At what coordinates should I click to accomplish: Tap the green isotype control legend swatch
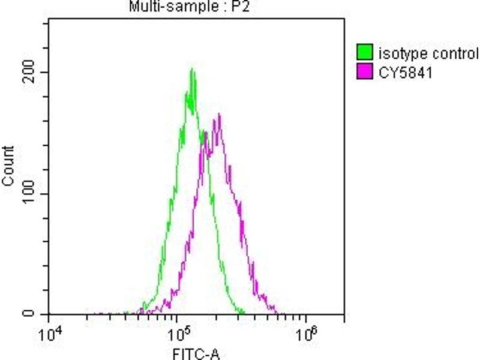[364, 53]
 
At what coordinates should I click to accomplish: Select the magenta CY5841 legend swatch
[364, 73]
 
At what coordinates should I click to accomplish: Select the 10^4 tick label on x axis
[49, 332]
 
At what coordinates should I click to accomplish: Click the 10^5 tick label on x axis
[178, 332]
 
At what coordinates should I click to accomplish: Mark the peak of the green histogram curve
[192, 70]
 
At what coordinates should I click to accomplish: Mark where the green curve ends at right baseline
[243, 312]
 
